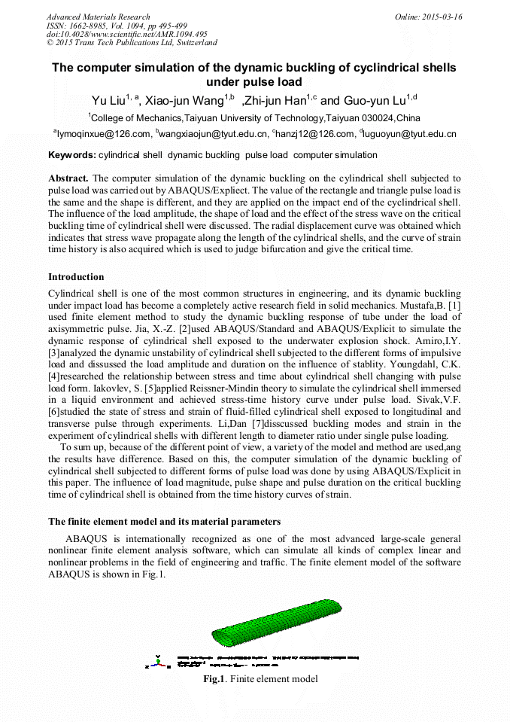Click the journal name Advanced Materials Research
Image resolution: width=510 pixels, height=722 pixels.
point(98,17)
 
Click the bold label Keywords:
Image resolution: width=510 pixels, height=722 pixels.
point(72,155)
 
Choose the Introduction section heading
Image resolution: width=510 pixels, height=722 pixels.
point(76,277)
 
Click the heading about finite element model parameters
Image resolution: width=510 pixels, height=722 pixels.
point(165,522)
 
